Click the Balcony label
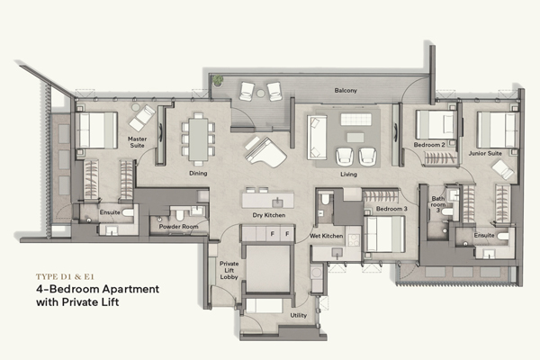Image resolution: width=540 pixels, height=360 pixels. [x=346, y=90]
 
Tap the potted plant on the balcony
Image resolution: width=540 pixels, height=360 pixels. [x=218, y=81]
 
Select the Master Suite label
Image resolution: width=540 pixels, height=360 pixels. [x=137, y=142]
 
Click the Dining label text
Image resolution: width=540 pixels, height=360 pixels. [x=198, y=173]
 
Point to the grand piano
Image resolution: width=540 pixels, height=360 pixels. [x=265, y=152]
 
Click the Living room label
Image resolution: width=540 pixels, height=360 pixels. [x=348, y=174]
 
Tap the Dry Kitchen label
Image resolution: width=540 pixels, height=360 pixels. [x=268, y=215]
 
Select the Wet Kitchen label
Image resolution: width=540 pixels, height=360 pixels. [x=326, y=236]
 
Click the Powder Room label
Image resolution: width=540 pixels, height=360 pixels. [x=178, y=227]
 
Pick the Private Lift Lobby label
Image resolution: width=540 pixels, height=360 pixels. [x=229, y=270]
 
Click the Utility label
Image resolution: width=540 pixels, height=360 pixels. [x=298, y=315]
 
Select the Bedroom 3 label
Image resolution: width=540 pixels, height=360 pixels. [x=391, y=209]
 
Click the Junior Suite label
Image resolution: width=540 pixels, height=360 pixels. [x=485, y=153]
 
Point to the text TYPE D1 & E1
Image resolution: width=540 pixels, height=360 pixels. [x=65, y=276]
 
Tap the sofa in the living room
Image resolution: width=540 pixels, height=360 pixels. [x=317, y=138]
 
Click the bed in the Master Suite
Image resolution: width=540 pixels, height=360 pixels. [x=97, y=130]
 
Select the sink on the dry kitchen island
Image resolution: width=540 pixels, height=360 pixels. [x=277, y=202]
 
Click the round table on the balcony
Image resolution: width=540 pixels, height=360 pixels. [x=261, y=93]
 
